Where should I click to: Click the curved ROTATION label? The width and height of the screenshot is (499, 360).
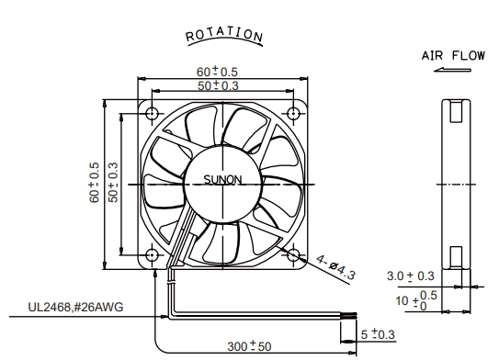click(224, 35)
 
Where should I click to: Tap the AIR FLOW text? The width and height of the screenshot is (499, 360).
click(453, 56)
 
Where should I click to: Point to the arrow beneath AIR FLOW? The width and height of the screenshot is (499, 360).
click(452, 70)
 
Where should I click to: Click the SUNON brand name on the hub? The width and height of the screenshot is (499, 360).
click(222, 180)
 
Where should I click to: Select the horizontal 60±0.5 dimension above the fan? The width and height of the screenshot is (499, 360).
click(217, 72)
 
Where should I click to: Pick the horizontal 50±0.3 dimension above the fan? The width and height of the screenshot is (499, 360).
click(218, 85)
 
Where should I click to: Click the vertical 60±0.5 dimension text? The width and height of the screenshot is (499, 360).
click(95, 183)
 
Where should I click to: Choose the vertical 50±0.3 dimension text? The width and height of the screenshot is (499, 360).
click(113, 182)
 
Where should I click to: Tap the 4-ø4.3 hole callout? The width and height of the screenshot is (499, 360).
click(335, 268)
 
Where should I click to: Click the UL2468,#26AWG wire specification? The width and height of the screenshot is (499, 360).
click(75, 308)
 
